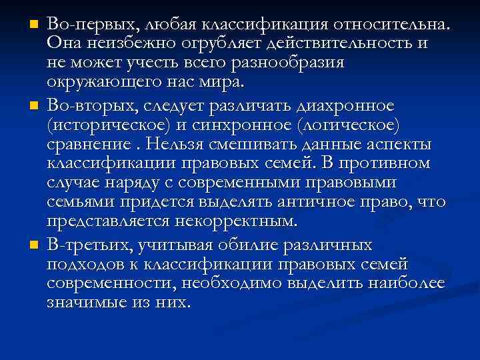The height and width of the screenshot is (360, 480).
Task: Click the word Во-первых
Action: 87,25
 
